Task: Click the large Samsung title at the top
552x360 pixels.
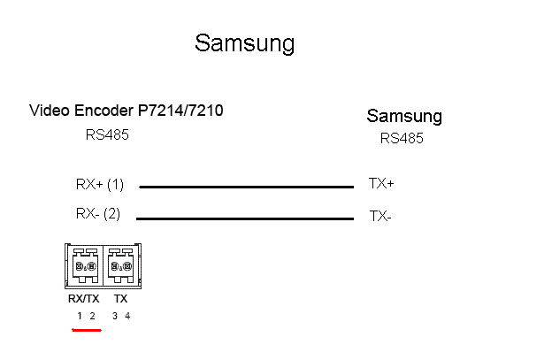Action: point(244,43)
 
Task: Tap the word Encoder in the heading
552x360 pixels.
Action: point(103,111)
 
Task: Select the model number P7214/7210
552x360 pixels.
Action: point(180,111)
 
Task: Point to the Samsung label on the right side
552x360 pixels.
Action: point(404,116)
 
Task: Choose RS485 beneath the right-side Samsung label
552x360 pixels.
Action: point(402,138)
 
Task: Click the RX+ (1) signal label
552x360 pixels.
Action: point(99,185)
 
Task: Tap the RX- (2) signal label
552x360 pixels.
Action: point(97,213)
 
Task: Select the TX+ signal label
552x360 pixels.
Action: point(381,184)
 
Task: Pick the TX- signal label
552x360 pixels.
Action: point(379,215)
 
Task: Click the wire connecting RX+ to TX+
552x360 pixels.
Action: point(246,187)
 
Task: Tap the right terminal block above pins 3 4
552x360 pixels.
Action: point(120,265)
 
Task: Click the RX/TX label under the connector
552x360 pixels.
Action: point(84,299)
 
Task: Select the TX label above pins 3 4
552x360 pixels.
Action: point(120,299)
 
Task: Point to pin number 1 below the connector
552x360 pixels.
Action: point(79,316)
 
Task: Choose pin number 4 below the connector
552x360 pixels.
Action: point(126,316)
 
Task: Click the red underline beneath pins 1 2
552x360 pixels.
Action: point(86,331)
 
